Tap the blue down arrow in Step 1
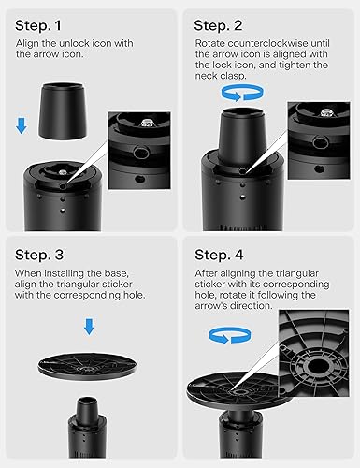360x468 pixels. [x=23, y=124]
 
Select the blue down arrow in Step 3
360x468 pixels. [x=89, y=326]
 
